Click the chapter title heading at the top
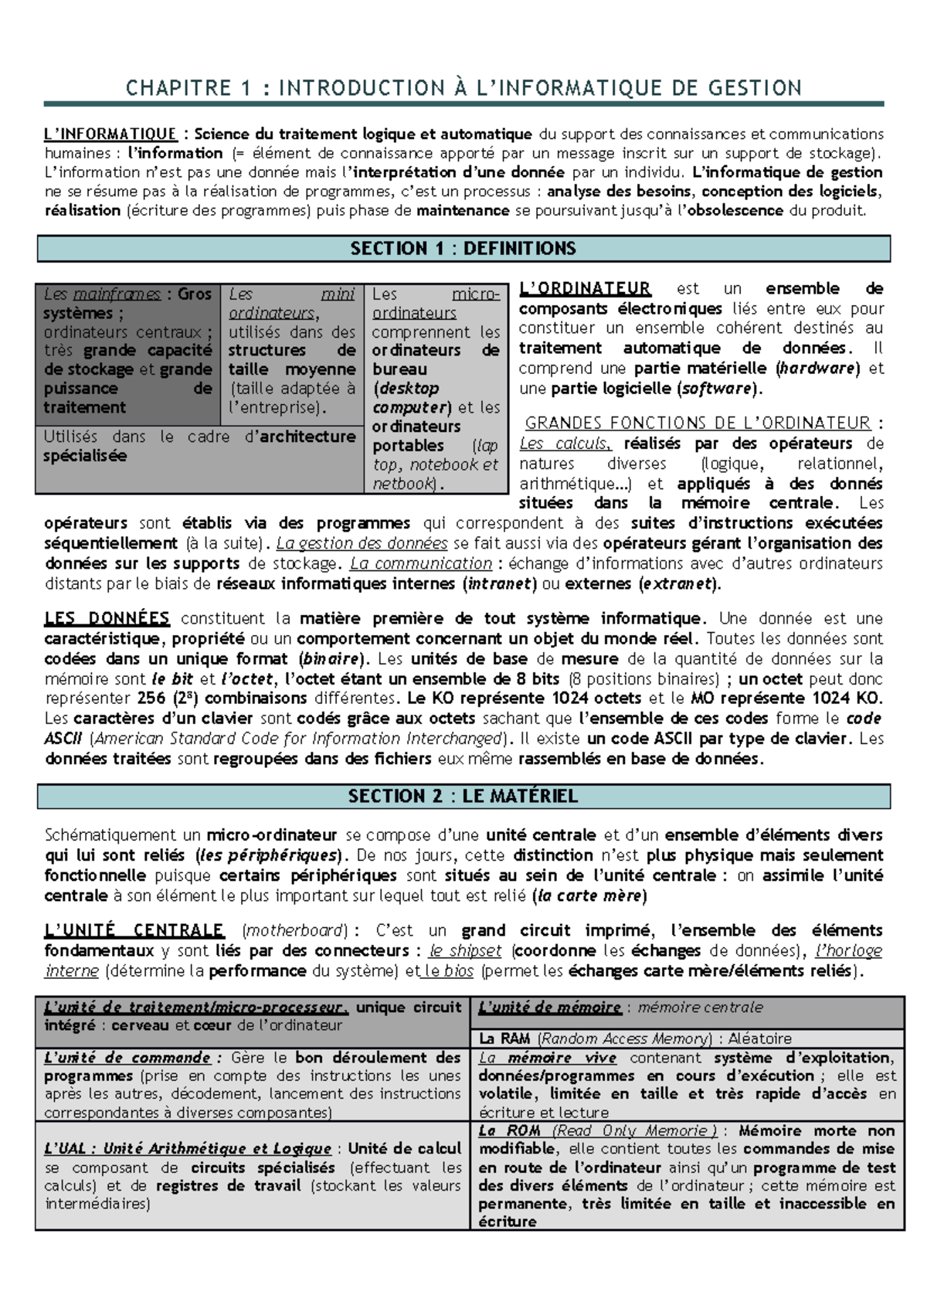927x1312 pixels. [463, 88]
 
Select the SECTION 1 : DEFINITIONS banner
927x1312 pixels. [463, 249]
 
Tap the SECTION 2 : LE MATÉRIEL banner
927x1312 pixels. [463, 797]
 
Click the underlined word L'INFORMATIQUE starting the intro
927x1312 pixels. [110, 134]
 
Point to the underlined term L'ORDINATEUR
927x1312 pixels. [585, 289]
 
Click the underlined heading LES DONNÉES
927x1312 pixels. [107, 619]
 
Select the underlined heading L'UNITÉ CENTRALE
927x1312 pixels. [134, 930]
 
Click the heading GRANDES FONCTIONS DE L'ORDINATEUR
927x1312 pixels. [698, 423]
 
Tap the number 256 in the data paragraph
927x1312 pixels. [151, 698]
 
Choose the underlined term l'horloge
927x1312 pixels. [848, 951]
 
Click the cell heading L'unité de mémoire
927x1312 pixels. [549, 1008]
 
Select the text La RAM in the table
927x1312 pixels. [504, 1039]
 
